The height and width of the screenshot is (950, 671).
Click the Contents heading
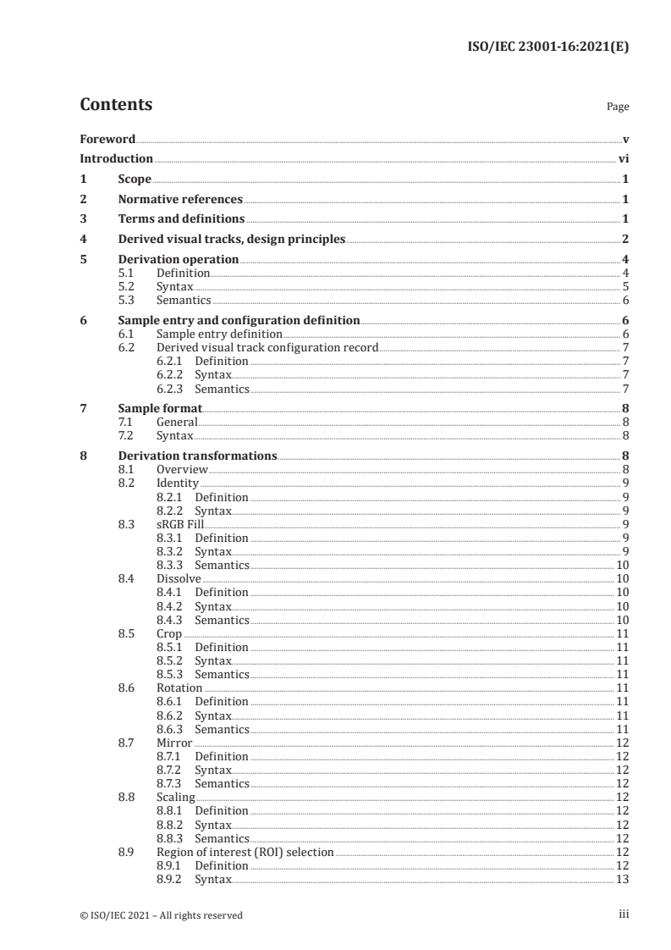click(116, 105)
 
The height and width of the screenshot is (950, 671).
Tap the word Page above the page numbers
click(618, 108)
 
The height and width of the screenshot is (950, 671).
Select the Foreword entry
click(107, 139)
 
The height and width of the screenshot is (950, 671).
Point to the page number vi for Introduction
click(623, 158)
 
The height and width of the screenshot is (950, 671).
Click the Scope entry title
click(135, 180)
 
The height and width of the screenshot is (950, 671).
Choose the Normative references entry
click(180, 200)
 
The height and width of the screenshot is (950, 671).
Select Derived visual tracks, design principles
click(231, 240)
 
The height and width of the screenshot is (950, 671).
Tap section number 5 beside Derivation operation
click(83, 260)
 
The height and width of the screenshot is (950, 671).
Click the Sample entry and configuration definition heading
click(239, 321)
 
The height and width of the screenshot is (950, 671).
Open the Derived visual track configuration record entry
click(267, 348)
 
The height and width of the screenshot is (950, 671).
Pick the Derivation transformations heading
click(197, 456)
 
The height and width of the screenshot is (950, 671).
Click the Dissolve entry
click(179, 578)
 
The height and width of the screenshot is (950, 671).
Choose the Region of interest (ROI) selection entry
click(245, 852)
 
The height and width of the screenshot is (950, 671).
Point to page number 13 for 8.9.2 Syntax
click(622, 880)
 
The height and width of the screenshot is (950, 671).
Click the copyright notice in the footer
click(161, 914)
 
